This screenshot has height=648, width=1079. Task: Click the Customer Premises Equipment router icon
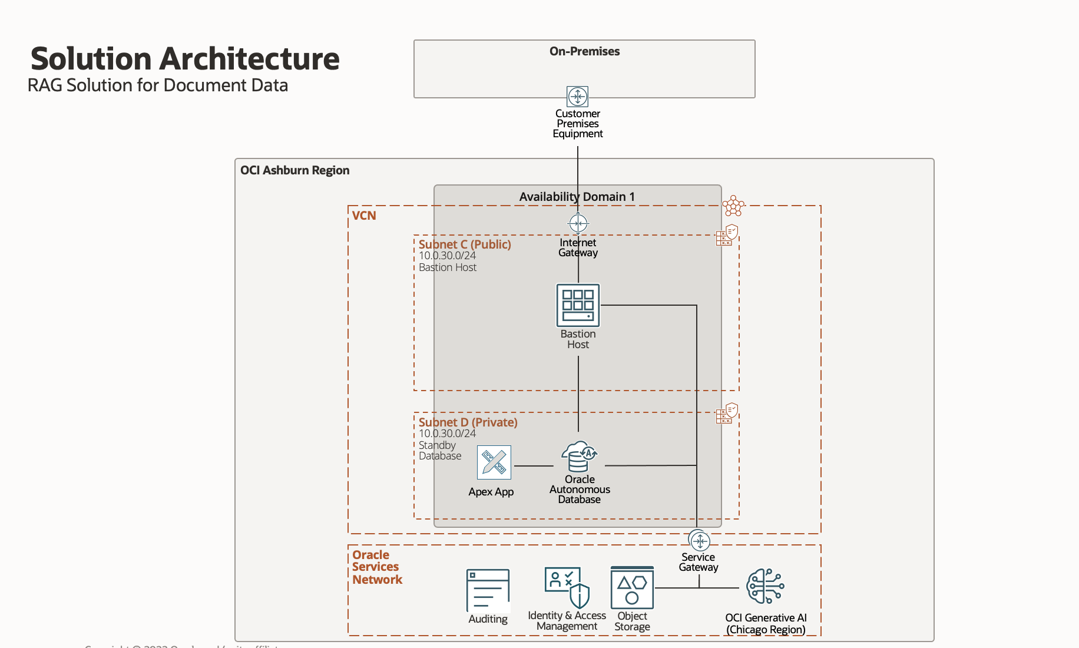(577, 96)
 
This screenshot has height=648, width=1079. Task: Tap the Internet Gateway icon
(578, 223)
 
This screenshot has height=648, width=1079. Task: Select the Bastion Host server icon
(578, 305)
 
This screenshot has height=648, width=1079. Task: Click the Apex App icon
(494, 462)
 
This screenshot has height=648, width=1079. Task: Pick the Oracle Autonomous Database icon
(579, 456)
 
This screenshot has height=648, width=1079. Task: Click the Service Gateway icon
(699, 540)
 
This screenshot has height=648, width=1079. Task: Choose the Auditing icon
(488, 590)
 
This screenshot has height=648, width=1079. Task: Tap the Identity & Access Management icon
(567, 587)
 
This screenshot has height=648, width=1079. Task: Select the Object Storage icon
(632, 588)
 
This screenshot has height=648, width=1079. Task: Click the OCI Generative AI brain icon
(765, 586)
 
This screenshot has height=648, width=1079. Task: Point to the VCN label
(364, 216)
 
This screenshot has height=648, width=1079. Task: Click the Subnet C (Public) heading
(465, 244)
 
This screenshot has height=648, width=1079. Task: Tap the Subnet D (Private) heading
(468, 422)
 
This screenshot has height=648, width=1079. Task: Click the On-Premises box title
(584, 51)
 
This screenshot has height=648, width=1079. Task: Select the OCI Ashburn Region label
(294, 170)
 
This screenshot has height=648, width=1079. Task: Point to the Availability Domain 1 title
(577, 197)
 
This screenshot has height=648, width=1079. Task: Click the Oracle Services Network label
(377, 567)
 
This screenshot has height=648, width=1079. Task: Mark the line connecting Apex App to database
(533, 466)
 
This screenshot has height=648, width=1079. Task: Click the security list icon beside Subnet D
(727, 413)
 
